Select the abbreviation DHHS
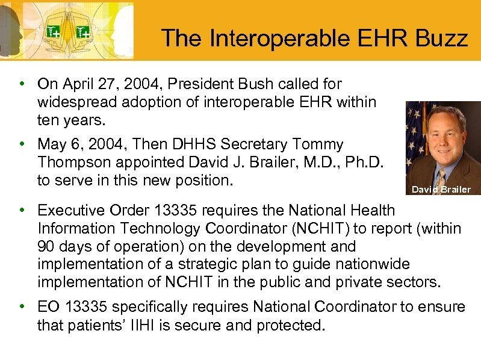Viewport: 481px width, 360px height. [196, 144]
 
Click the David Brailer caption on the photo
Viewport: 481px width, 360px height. [441, 190]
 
